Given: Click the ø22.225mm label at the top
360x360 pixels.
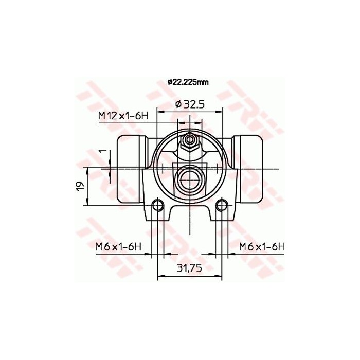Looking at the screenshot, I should pyautogui.click(x=188, y=82).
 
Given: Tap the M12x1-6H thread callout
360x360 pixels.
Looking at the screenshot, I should pyautogui.click(x=123, y=116).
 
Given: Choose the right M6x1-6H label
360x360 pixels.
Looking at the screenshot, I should pyautogui.click(x=261, y=247).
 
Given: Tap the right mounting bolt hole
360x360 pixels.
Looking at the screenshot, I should pyautogui.click(x=222, y=206).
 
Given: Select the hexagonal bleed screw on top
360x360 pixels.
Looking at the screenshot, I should pyautogui.click(x=190, y=141).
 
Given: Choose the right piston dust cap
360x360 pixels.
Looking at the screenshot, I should pyautogui.click(x=249, y=169).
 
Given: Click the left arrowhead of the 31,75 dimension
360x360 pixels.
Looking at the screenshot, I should pyautogui.click(x=160, y=277).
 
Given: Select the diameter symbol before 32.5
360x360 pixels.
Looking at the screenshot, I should pyautogui.click(x=178, y=104).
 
